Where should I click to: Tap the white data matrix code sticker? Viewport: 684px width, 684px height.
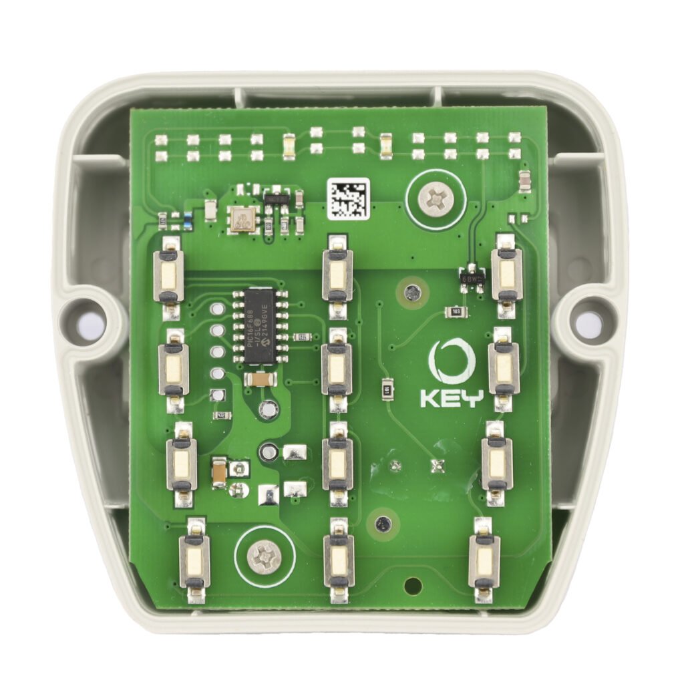coord(348,198)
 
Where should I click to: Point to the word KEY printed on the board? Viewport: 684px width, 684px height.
coord(451,398)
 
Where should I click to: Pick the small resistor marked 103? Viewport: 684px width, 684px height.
coord(456,312)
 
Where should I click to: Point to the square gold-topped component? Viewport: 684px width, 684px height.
coord(241,218)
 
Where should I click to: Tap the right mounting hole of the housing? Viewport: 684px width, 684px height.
coord(588,325)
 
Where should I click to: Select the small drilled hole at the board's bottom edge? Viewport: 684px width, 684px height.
coord(413,585)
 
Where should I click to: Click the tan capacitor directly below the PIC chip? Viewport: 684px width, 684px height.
coord(261,379)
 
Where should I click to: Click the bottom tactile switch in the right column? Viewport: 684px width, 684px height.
coord(484,560)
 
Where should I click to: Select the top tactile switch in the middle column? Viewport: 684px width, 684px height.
coord(337,275)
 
